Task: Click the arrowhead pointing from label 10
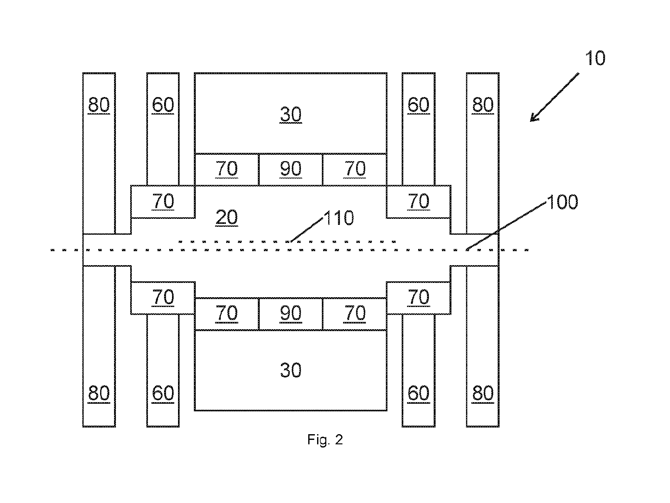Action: point(535,117)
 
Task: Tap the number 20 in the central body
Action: point(227,218)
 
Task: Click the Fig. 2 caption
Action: point(325,440)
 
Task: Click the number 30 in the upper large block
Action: point(291,114)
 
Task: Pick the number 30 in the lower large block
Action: point(291,370)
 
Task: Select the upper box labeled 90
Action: point(291,170)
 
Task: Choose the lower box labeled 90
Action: point(291,314)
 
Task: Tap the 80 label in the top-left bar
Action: point(99,105)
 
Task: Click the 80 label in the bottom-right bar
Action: point(483,393)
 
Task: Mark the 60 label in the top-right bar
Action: point(418,105)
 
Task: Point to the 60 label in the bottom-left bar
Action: point(163,393)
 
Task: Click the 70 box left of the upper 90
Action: point(227,170)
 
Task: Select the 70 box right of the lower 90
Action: point(355,314)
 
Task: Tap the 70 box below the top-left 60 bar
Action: point(163,202)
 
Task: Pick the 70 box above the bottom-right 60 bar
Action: point(418,298)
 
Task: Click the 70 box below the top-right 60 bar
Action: point(418,202)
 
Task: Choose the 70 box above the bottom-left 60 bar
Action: point(163,298)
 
